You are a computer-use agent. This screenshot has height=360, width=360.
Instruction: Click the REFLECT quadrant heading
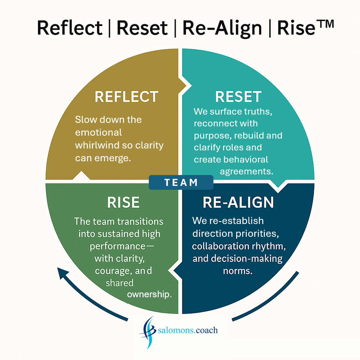tap(126, 97)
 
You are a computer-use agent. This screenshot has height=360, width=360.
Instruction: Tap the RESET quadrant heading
tap(238, 97)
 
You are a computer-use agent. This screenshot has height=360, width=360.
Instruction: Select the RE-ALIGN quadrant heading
tap(238, 202)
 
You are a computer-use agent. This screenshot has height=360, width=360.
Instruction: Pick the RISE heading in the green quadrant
tap(124, 202)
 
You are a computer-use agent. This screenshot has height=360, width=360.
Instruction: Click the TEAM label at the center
tap(181, 182)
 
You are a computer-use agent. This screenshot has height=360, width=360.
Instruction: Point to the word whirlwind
tap(97, 145)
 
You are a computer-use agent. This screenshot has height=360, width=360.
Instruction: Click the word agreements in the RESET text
tap(246, 172)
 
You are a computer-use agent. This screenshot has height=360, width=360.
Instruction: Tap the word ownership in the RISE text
tap(149, 294)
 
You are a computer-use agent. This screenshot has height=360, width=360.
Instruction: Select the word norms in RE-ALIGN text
tap(238, 271)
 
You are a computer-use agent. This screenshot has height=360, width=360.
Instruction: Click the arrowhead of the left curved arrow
tap(63, 273)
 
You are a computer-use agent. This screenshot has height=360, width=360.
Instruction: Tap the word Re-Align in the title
tap(222, 28)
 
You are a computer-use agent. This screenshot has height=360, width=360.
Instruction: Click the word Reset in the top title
tap(142, 28)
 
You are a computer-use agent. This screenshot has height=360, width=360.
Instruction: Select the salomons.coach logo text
tap(188, 330)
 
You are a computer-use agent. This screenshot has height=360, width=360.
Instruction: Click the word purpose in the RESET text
tap(212, 136)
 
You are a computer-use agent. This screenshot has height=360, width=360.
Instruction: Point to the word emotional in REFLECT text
tap(98, 132)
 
